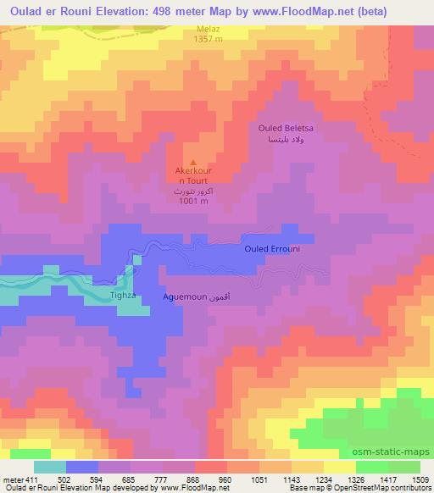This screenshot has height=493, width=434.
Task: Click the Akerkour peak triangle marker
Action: (x=194, y=163)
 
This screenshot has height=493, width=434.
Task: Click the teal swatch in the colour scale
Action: (x=50, y=467)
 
